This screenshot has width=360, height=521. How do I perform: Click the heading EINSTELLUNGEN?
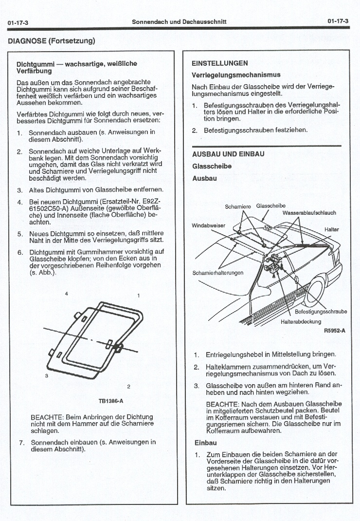pos(220,63)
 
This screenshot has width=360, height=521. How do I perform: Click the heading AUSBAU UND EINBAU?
pos(228,154)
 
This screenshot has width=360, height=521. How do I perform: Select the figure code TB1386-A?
pos(111,401)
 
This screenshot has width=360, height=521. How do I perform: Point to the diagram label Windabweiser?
pos(209,225)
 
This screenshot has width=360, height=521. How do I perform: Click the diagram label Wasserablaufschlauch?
pos(309,213)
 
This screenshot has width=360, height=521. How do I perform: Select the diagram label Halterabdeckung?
pos(301,321)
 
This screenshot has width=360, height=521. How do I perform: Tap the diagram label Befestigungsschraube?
pos(321,312)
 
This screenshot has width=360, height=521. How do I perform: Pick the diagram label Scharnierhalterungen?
pos(218,273)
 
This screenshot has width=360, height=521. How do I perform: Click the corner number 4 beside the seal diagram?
pos(66,293)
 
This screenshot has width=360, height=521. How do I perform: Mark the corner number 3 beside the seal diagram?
pos(46,375)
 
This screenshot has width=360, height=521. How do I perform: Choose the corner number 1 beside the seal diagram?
pos(139,296)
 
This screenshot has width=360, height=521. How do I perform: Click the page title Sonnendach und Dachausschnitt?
pos(179,22)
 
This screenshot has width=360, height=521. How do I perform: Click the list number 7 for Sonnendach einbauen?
pos(21,443)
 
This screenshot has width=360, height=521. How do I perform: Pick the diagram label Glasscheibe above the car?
pos(270,205)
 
